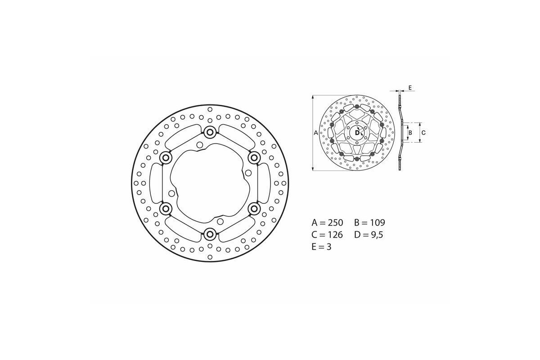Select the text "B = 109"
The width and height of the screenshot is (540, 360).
point(370,223)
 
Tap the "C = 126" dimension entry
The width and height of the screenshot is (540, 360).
point(328,234)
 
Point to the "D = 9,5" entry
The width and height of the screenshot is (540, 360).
point(370,234)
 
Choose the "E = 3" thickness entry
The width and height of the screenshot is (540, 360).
point(322,247)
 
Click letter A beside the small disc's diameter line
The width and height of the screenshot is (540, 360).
point(315,133)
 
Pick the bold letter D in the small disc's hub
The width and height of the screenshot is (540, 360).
point(357,132)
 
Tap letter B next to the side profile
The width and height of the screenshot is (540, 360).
point(409,132)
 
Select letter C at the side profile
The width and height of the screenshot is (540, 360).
point(423,132)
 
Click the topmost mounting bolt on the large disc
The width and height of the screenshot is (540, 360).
point(210,132)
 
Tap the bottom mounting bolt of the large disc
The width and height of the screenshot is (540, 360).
point(210,234)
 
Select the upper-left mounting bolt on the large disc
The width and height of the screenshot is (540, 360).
point(166,157)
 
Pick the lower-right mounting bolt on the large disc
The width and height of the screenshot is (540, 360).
point(254,208)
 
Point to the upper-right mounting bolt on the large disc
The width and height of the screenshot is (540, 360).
point(254,157)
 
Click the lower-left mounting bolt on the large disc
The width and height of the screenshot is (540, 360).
point(166,208)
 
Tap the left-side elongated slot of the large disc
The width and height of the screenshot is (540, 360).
point(154,183)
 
